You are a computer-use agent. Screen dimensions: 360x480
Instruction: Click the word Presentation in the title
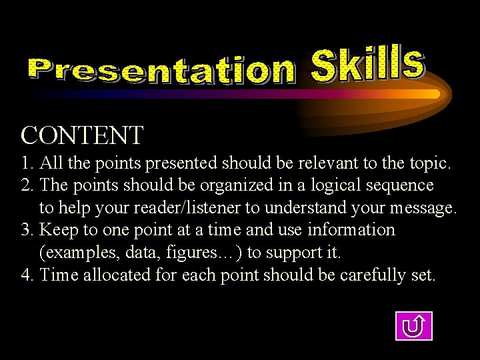point(161,70)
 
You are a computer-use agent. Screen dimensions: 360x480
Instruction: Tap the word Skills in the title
point(367,64)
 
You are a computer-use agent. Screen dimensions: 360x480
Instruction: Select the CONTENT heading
point(82,135)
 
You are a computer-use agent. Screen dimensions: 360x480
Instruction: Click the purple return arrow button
point(413,326)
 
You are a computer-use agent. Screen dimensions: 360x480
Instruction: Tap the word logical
point(332,185)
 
